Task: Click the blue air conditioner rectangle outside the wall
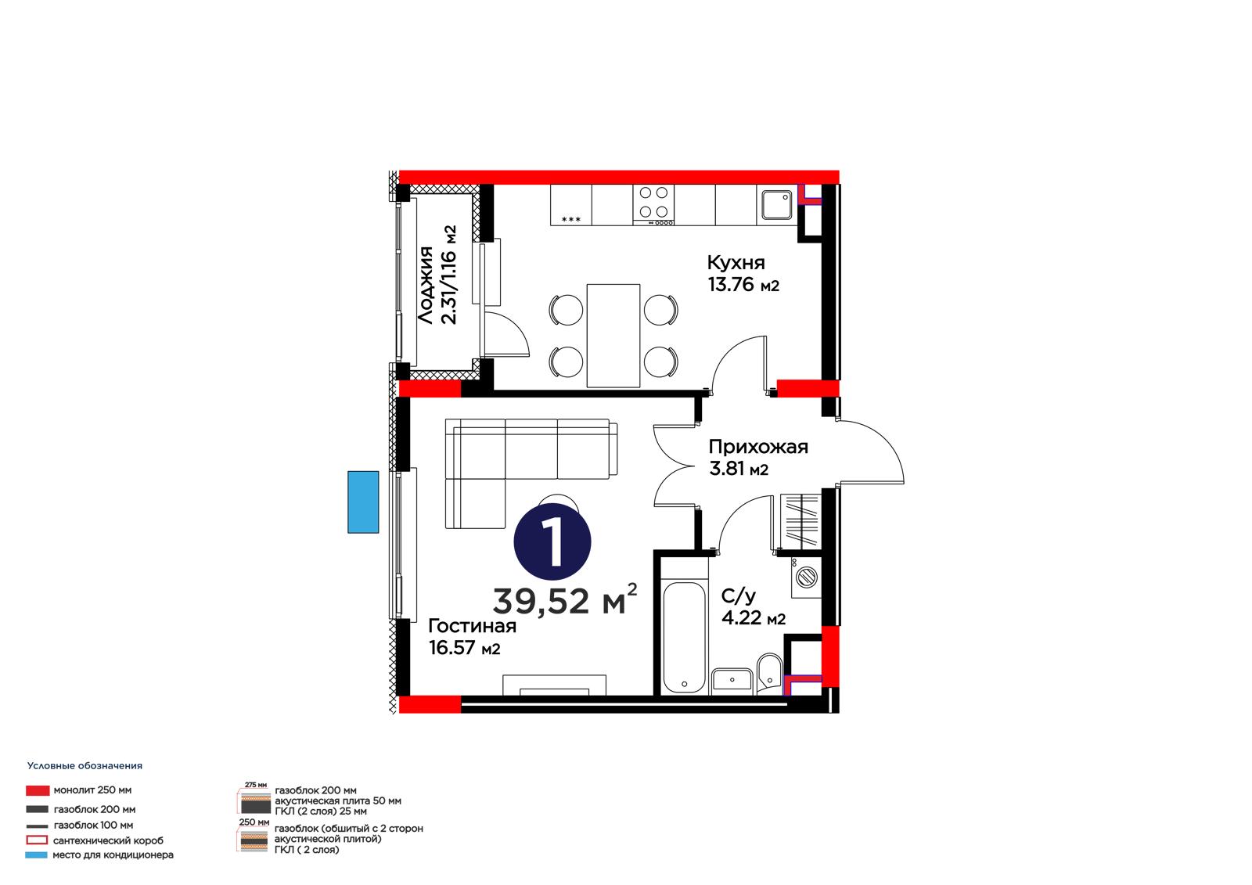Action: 363,502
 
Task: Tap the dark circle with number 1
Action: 552,541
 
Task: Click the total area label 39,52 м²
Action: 565,600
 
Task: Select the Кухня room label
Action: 736,262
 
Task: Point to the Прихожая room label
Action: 758,447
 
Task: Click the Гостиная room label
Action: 473,625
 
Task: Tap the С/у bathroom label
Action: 739,596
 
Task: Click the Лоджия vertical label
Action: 426,285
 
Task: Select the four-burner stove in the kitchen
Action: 653,205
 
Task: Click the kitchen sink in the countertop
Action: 777,205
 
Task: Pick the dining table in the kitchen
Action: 613,336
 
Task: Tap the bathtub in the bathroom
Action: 684,638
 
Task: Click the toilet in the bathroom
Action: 770,673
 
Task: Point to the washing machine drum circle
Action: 807,577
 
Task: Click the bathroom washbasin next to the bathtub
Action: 732,681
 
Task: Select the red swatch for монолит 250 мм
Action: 38,790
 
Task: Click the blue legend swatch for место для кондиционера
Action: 36,854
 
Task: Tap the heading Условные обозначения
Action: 85,766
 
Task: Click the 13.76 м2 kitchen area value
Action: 743,285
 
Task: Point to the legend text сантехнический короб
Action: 109,840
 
